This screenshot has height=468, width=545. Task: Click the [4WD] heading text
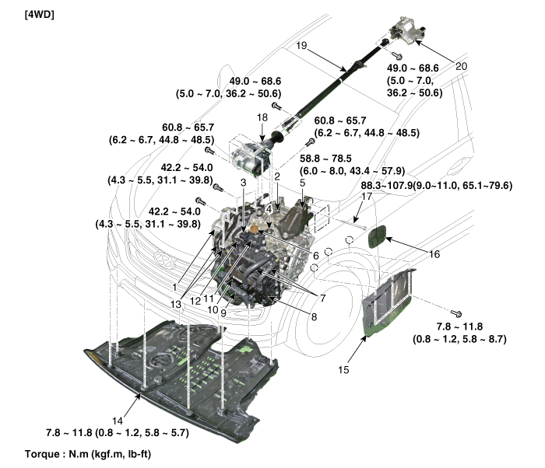click(x=40, y=15)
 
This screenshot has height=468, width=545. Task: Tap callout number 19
click(x=301, y=46)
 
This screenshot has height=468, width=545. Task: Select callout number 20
click(x=461, y=66)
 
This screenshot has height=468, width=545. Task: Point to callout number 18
click(x=262, y=117)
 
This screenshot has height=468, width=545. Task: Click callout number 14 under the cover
click(x=118, y=421)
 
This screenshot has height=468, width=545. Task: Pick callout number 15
click(x=343, y=370)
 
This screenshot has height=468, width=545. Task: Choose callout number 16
click(x=434, y=254)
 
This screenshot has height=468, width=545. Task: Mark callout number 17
click(x=367, y=197)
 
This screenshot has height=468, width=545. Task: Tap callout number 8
click(x=314, y=316)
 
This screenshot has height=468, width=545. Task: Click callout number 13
click(x=176, y=304)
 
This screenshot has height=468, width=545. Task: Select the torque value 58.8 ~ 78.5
click(x=325, y=159)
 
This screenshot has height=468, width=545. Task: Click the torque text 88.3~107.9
click(x=386, y=185)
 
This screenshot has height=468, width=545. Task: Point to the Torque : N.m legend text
click(x=88, y=454)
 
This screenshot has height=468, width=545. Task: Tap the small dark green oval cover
click(x=377, y=236)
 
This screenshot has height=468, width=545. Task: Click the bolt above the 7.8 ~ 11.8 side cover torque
click(x=455, y=313)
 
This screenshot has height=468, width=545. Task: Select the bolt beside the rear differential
click(x=397, y=55)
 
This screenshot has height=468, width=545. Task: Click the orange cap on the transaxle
click(x=255, y=229)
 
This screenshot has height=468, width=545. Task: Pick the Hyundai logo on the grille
click(x=163, y=260)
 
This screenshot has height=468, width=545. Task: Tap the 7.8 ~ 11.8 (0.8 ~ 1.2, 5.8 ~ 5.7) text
click(x=118, y=433)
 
